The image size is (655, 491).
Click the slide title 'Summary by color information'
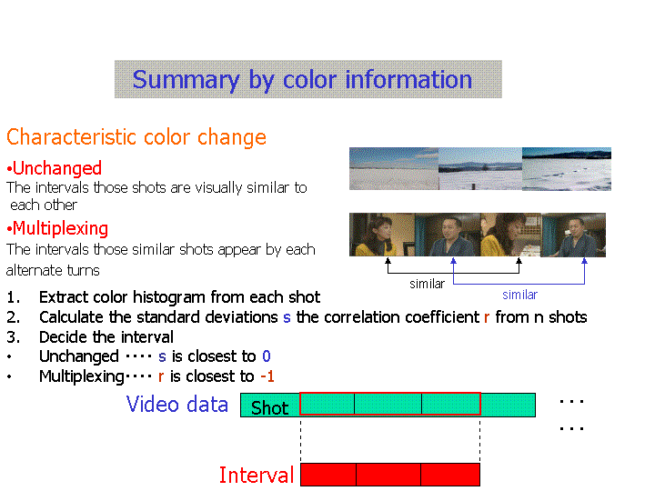point(302,80)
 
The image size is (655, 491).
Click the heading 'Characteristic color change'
point(136,137)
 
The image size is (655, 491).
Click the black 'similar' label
point(427,284)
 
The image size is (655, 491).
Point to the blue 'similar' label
point(519,295)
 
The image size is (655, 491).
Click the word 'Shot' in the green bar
point(269,407)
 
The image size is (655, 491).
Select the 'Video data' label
point(177,404)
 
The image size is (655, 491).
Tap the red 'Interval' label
point(257,475)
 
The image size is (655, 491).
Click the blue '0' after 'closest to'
point(267,356)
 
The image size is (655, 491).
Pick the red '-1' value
point(267,376)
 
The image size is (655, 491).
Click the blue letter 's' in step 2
point(287,317)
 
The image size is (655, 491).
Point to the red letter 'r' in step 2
point(487,317)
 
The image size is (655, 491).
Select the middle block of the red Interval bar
point(388,475)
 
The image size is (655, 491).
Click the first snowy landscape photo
point(394,169)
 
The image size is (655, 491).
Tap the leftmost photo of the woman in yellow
point(382,235)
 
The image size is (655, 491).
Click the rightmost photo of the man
point(573,235)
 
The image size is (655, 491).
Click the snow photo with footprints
point(567,169)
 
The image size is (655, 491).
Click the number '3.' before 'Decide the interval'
point(13,337)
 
